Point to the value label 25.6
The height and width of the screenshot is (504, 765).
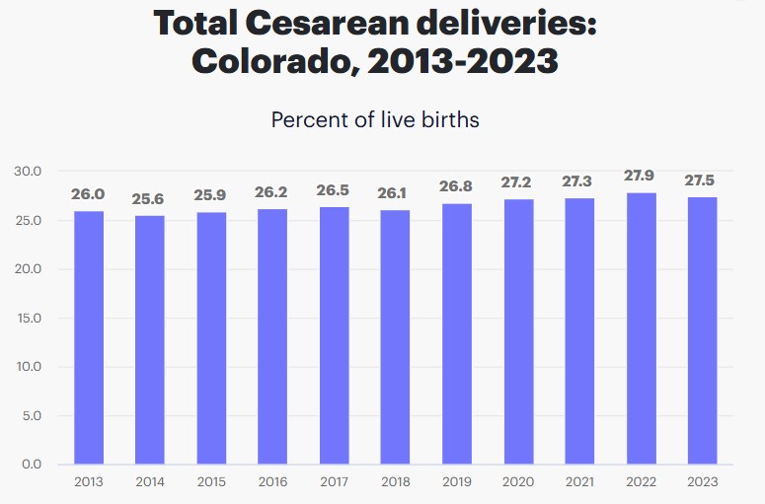[148, 199]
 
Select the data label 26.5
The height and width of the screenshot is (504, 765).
[333, 190]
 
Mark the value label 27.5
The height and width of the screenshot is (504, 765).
[702, 180]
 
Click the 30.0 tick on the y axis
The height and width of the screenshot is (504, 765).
[28, 172]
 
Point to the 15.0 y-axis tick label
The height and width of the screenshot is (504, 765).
[28, 318]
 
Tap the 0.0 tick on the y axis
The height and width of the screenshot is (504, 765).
[31, 465]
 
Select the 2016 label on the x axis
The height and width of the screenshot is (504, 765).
[271, 482]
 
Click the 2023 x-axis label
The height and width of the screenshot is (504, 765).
[702, 482]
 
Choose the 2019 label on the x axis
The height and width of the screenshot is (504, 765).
[456, 482]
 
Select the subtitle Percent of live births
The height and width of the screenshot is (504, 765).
[375, 120]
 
